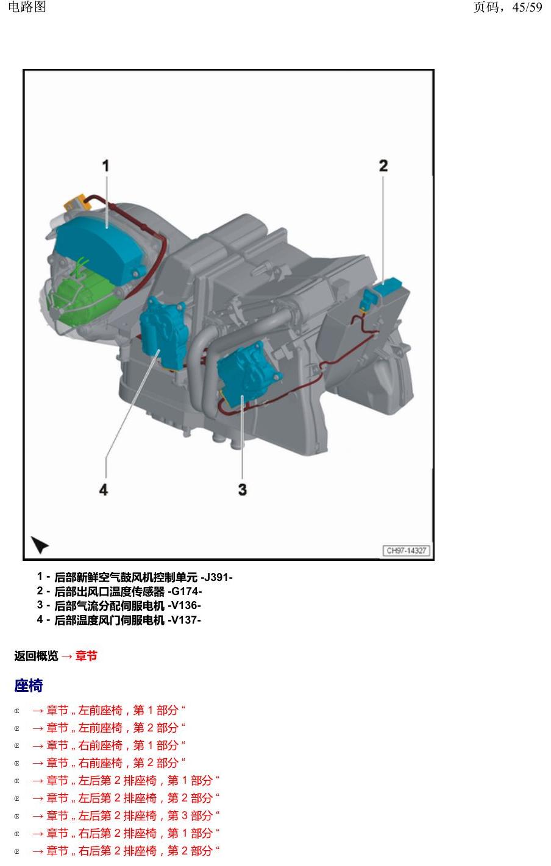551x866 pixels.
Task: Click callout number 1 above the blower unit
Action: pyautogui.click(x=105, y=166)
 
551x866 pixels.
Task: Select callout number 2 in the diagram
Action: pyautogui.click(x=383, y=166)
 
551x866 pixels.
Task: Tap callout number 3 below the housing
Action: pyautogui.click(x=242, y=490)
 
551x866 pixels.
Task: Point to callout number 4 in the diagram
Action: pyautogui.click(x=104, y=490)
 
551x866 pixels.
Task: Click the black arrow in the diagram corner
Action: pyautogui.click(x=40, y=544)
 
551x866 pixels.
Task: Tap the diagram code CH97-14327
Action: pyautogui.click(x=407, y=551)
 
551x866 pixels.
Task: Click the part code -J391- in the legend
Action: pyautogui.click(x=217, y=577)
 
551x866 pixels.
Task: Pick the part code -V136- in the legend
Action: pyautogui.click(x=184, y=605)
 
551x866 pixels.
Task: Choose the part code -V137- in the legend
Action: pyautogui.click(x=184, y=620)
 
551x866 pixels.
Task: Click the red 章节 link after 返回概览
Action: pyautogui.click(x=86, y=656)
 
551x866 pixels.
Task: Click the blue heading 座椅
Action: pyautogui.click(x=28, y=686)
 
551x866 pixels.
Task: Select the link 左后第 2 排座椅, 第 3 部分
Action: pyautogui.click(x=126, y=815)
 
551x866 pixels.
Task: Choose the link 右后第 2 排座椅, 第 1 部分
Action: pyautogui.click(x=126, y=833)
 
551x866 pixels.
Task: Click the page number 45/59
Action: pyautogui.click(x=527, y=7)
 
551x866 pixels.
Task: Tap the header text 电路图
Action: pyautogui.click(x=27, y=7)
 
